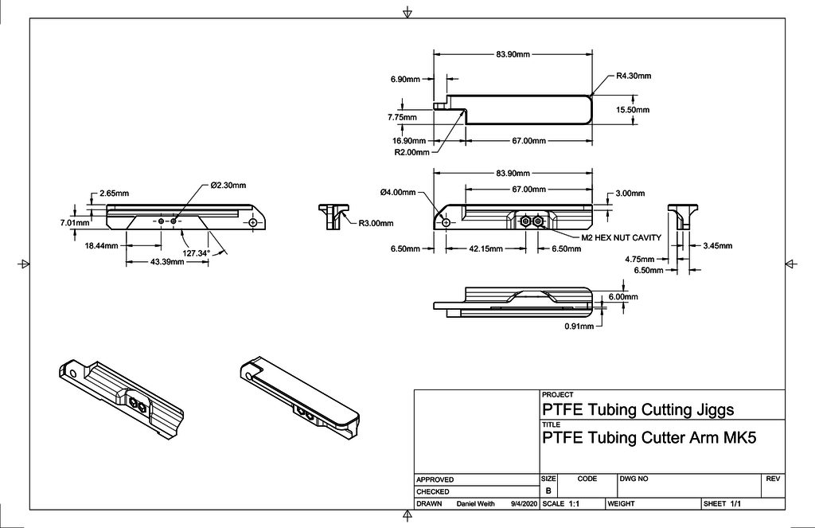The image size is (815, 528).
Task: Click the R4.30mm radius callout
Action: coord(634,76)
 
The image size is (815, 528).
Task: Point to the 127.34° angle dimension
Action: coord(197,253)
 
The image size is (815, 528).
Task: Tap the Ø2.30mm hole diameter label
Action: coord(228,185)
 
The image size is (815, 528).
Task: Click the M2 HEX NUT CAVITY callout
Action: coord(621,237)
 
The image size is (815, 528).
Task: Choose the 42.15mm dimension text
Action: coord(485,248)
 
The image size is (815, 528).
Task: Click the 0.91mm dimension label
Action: coord(579,326)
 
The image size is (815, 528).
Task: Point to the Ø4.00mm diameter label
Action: coord(398,192)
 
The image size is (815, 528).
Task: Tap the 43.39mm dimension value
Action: coord(168,262)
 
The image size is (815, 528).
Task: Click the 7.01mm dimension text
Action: coord(74,223)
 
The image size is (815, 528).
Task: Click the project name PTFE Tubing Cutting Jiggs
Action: coord(637,410)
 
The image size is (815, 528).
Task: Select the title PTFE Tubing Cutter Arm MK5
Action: coord(649,437)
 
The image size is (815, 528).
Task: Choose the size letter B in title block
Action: coord(548,491)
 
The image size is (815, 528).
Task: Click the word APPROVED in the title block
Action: coord(435,479)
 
